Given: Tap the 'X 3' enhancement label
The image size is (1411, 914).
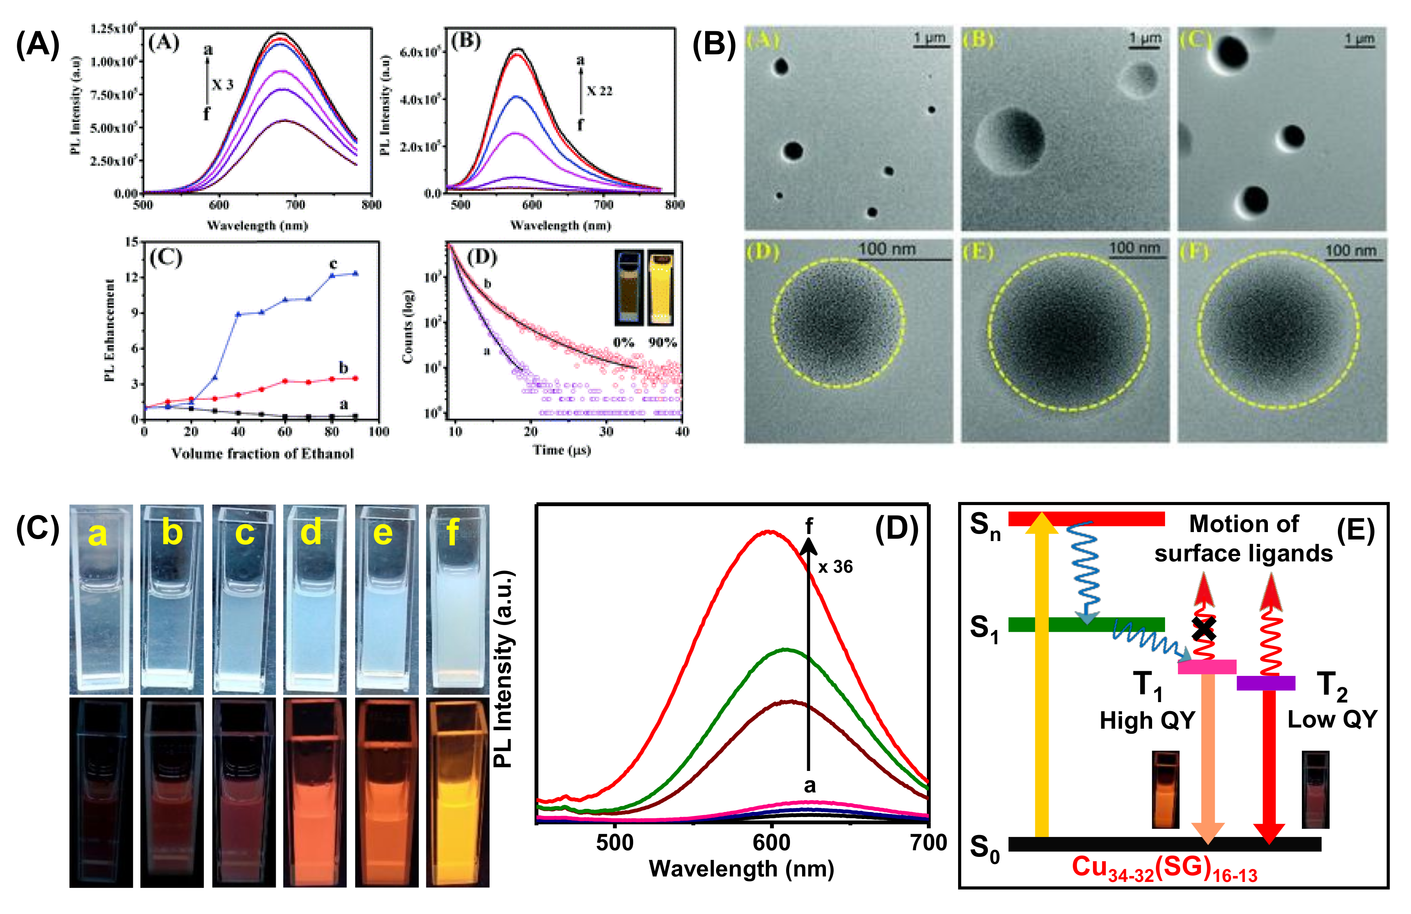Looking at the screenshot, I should [223, 85].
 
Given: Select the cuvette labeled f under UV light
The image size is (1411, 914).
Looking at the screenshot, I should [458, 792].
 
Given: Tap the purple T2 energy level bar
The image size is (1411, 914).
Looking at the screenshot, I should [1266, 683].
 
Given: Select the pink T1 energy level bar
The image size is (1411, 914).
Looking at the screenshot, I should [1206, 667].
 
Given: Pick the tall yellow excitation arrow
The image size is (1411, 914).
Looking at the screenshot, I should [1042, 676].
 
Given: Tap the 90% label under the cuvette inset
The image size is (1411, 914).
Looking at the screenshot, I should [662, 342].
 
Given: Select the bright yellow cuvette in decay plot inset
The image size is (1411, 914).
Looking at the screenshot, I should [661, 287].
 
